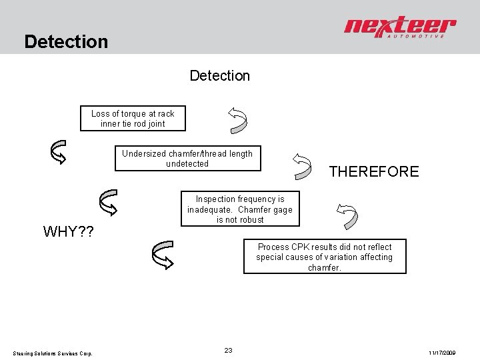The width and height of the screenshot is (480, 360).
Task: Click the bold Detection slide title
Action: coord(65,42)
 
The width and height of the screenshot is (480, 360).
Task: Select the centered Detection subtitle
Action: coord(220,76)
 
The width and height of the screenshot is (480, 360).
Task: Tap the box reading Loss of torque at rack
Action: coord(133,118)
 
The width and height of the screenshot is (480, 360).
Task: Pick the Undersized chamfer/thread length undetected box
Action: coord(187,158)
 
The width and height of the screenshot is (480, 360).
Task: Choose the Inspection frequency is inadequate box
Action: coord(239,209)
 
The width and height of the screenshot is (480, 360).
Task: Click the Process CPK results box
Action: coord(325,257)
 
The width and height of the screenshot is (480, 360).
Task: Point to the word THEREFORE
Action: coord(374,171)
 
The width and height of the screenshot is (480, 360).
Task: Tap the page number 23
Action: coord(228,350)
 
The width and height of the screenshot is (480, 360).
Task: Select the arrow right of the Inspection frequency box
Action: coord(347,216)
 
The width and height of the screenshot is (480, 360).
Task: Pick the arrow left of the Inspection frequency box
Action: coord(108,201)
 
